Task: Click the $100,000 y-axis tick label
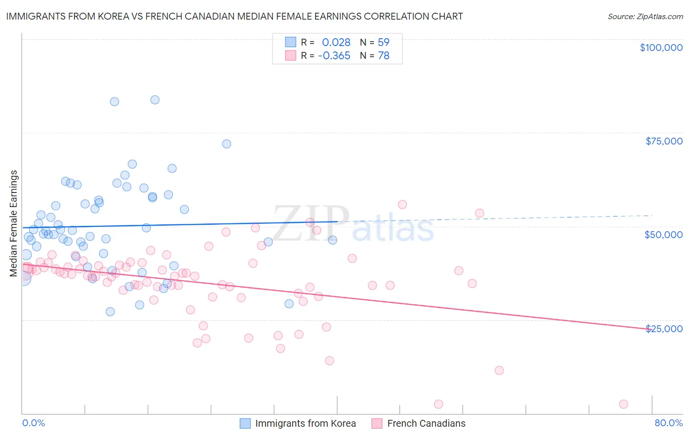coord(661,48)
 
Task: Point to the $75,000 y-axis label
coord(664,141)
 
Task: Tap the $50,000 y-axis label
coord(664,235)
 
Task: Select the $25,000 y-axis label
coord(664,328)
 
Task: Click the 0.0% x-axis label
coord(33,423)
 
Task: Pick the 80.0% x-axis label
coord(668,423)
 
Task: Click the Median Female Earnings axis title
coord(14,223)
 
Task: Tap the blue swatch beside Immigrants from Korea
coord(245,423)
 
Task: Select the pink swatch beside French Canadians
coord(377,423)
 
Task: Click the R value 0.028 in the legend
coord(336,43)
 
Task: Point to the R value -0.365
coord(334,56)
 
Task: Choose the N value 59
coord(383,43)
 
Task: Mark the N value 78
coord(383,56)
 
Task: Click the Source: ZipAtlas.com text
coord(645,17)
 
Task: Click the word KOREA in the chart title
coord(111,16)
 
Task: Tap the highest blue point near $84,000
coord(155,100)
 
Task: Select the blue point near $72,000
coord(226,144)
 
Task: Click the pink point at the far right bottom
coord(623,404)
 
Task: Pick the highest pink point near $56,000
coord(402,205)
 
